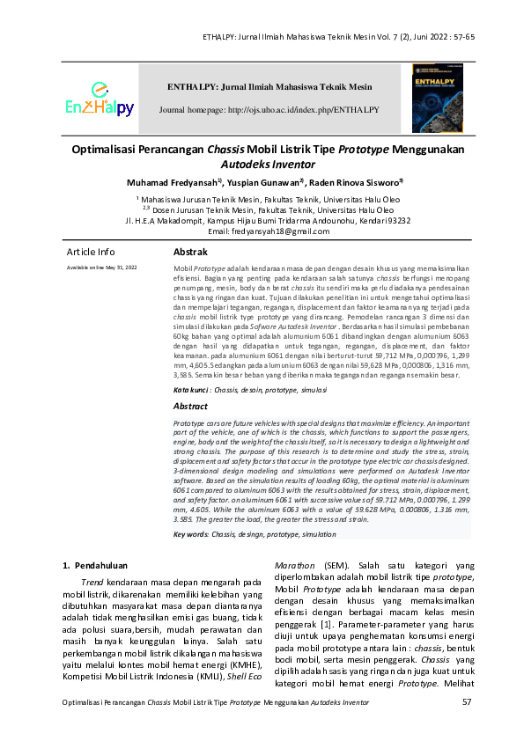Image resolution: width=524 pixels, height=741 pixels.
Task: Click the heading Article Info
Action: click(91, 252)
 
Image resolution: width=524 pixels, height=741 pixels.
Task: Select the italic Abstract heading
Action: click(190, 407)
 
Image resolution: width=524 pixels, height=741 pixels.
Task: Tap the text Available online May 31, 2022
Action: click(102, 266)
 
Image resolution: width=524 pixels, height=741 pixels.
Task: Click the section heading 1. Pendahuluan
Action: click(94, 564)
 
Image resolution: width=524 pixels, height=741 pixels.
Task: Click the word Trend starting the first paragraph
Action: click(92, 581)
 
